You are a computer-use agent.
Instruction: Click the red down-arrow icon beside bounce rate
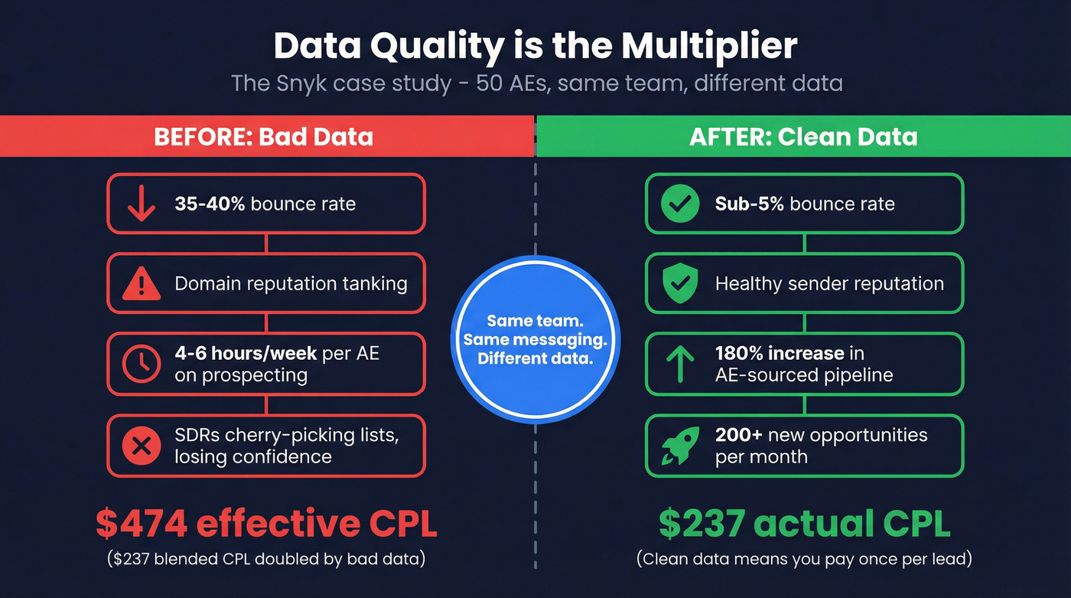142,204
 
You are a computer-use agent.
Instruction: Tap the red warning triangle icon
142,284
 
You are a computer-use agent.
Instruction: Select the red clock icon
142,364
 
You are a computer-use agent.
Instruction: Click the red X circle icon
142,446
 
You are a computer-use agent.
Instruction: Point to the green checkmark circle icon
680,204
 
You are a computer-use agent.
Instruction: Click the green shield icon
680,284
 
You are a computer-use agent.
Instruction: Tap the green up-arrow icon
680,364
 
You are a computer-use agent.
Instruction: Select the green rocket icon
680,446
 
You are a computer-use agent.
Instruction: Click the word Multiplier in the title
708,46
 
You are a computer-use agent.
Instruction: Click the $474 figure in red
142,524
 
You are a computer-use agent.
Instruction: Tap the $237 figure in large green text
702,524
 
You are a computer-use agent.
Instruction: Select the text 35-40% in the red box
209,204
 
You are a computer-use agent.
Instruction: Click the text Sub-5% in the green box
749,204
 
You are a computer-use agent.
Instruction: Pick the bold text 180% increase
780,354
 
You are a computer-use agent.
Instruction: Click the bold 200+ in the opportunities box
738,435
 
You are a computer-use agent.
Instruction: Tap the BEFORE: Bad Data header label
263,137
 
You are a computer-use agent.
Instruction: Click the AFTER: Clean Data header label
803,137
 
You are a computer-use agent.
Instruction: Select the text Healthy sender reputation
829,284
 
